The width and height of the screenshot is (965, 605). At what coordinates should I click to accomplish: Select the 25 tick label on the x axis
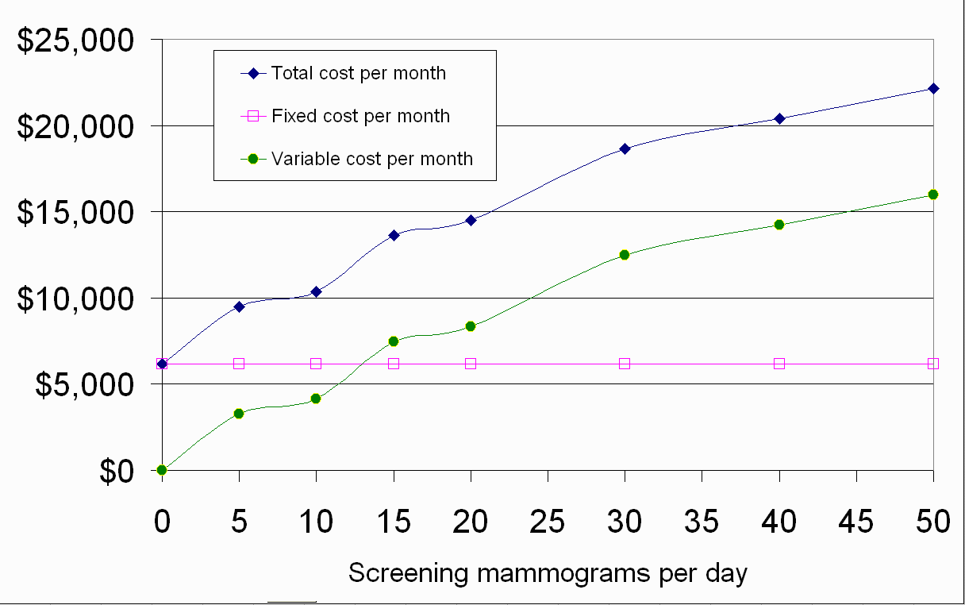pyautogui.click(x=548, y=522)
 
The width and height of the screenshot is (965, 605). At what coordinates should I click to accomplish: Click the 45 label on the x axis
pyautogui.click(x=856, y=522)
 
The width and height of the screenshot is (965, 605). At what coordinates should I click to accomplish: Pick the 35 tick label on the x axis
pyautogui.click(x=702, y=522)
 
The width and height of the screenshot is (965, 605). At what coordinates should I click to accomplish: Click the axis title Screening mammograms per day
pyautogui.click(x=548, y=572)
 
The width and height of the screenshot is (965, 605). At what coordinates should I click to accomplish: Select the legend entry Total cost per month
pyautogui.click(x=359, y=73)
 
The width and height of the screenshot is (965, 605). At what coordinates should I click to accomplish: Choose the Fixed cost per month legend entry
pyautogui.click(x=360, y=116)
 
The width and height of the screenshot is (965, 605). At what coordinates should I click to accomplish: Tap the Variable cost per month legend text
pyautogui.click(x=372, y=159)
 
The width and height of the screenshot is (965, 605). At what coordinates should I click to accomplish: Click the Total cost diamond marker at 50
pyautogui.click(x=933, y=88)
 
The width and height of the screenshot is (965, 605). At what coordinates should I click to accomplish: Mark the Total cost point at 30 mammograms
pyautogui.click(x=625, y=148)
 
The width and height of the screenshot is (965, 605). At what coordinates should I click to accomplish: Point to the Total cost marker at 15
pyautogui.click(x=394, y=235)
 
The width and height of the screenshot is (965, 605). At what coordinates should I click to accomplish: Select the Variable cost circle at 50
pyautogui.click(x=933, y=195)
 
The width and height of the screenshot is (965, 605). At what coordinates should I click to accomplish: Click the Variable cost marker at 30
pyautogui.click(x=625, y=255)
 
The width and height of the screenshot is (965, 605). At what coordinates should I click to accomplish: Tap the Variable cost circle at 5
pyautogui.click(x=239, y=413)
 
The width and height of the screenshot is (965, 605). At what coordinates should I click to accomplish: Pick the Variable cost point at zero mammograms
pyautogui.click(x=162, y=470)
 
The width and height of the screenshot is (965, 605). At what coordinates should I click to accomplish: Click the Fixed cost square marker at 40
pyautogui.click(x=779, y=364)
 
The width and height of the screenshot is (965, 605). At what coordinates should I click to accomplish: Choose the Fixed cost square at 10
pyautogui.click(x=316, y=364)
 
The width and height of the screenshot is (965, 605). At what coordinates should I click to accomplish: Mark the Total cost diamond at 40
pyautogui.click(x=779, y=118)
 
